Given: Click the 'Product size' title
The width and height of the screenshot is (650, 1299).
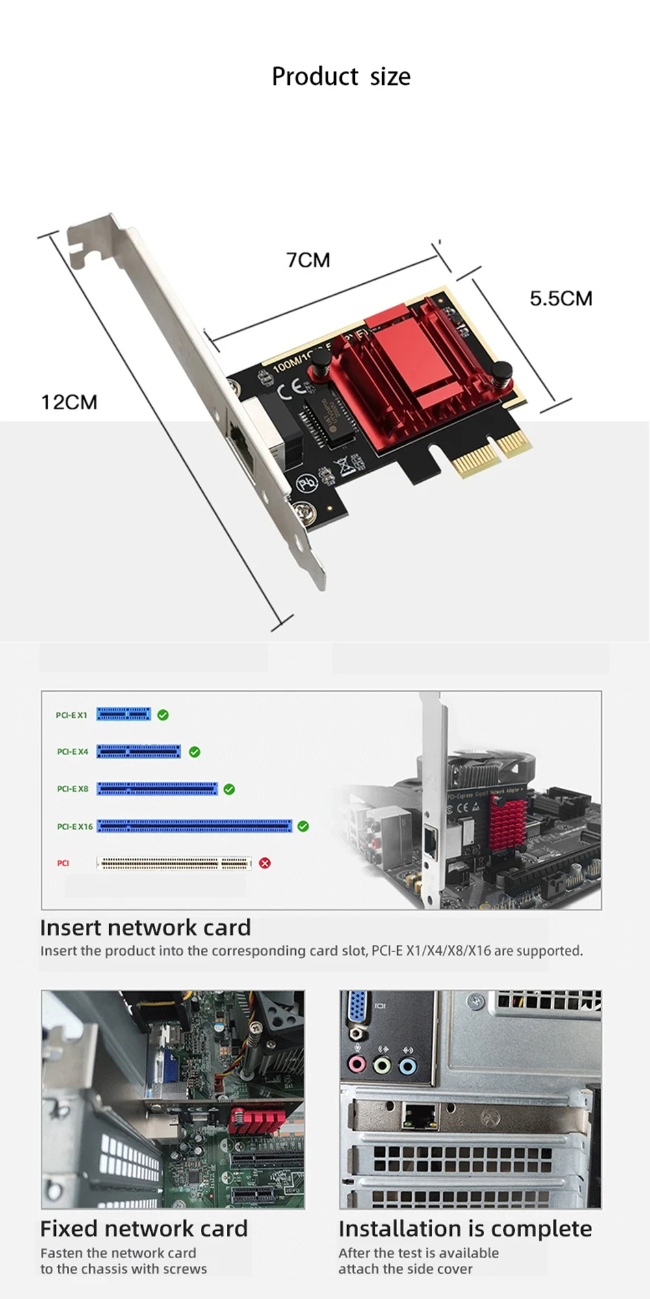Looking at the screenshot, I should point(341,77).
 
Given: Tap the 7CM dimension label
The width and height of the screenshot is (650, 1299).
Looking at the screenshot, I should point(308,260).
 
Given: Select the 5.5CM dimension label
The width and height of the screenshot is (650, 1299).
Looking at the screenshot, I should point(560,299).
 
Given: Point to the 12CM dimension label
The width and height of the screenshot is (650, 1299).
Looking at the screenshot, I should point(69,402).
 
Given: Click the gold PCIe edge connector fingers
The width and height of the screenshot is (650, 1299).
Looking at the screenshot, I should point(494,455).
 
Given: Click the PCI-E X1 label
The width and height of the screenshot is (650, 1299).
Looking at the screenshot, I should point(71,715).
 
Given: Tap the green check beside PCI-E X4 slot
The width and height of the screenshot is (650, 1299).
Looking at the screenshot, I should point(194,752).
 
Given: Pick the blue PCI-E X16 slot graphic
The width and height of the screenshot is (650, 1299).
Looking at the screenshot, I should point(194,826).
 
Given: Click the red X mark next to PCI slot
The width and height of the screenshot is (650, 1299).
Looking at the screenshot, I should point(265,863).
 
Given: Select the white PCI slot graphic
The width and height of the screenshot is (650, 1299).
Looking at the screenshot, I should point(174,863).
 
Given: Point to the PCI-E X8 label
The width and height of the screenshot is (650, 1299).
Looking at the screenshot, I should point(72,789).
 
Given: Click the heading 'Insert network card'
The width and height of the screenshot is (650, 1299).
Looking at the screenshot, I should point(145,927).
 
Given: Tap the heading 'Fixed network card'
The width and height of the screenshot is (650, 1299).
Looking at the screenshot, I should point(144,1229).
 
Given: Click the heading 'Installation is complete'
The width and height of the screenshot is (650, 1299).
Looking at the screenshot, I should point(465,1229).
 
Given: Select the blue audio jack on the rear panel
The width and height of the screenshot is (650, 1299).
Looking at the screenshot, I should point(408,1066).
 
